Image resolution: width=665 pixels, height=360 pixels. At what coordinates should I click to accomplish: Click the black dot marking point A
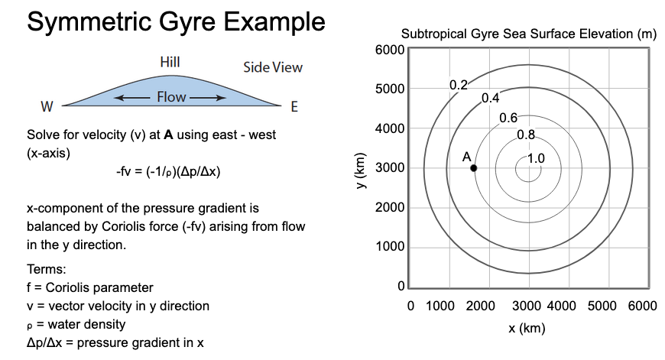click(x=474, y=168)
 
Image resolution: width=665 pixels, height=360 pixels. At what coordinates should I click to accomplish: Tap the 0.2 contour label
click(x=458, y=85)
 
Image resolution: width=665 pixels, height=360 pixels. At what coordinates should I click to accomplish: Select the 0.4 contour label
click(x=490, y=99)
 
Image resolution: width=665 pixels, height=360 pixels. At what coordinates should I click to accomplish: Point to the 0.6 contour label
click(x=508, y=118)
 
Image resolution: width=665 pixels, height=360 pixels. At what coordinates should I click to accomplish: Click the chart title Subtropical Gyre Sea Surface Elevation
click(x=527, y=35)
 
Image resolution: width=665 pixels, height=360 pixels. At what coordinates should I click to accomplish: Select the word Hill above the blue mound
click(x=170, y=62)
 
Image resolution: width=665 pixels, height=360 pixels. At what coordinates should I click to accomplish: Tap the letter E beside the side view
click(x=294, y=106)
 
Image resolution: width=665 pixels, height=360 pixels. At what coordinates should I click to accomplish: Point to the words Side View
click(x=273, y=67)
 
